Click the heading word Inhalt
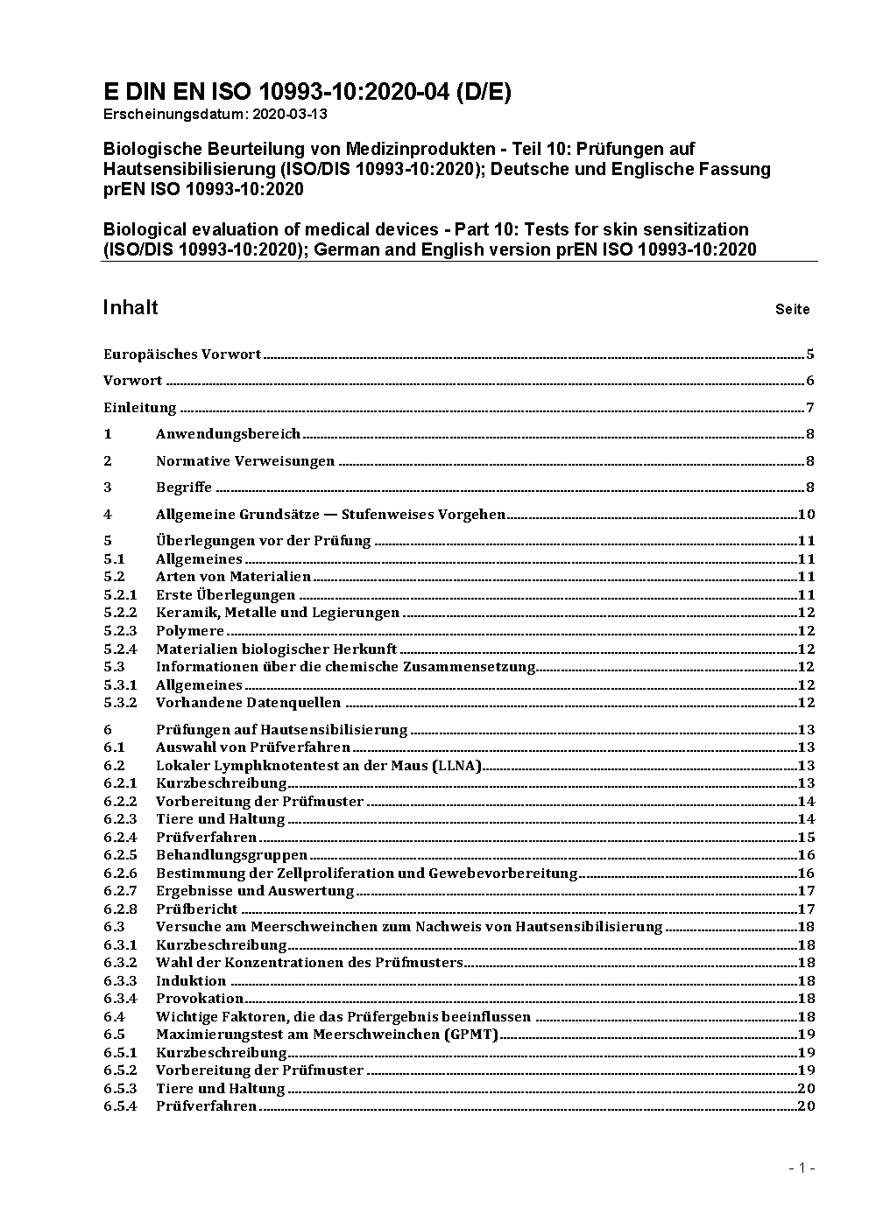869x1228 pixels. click(131, 307)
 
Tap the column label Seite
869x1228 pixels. click(792, 309)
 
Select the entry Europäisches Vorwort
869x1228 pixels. click(182, 354)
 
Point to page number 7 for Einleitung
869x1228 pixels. click(810, 408)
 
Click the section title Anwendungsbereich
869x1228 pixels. click(228, 434)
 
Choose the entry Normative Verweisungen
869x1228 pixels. click(245, 461)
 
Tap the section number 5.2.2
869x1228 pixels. click(120, 613)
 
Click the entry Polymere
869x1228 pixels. click(190, 631)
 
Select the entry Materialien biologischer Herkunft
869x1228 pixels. click(277, 649)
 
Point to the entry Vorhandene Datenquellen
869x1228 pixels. click(249, 703)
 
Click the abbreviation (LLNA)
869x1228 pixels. click(456, 766)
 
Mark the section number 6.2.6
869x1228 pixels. click(120, 874)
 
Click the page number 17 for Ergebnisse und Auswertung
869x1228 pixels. click(806, 891)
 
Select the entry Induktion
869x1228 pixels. click(191, 981)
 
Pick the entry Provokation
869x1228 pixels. click(200, 999)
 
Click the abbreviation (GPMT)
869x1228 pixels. click(471, 1035)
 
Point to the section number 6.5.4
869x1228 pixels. click(120, 1106)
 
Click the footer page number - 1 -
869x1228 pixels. click(802, 1168)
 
